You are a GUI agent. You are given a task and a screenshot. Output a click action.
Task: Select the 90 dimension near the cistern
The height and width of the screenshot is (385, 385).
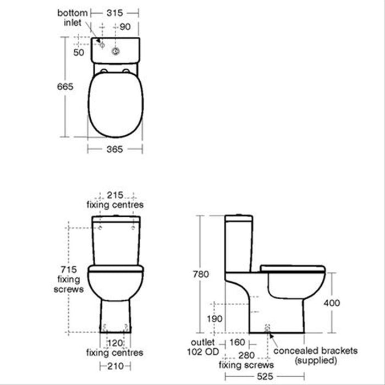pyautogui.click(x=125, y=26)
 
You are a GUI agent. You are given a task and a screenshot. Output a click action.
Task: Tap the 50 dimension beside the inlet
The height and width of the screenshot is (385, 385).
pyautogui.click(x=79, y=52)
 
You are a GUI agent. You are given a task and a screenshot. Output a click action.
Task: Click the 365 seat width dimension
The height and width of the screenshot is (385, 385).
pyautogui.click(x=114, y=149)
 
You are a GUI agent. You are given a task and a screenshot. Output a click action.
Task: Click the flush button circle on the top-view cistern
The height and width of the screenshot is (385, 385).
pyautogui.click(x=116, y=52)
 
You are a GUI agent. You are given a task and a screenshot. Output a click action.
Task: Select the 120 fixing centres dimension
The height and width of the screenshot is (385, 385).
pyautogui.click(x=114, y=343)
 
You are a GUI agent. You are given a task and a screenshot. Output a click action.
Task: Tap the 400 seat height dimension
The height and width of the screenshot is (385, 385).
pyautogui.click(x=347, y=303)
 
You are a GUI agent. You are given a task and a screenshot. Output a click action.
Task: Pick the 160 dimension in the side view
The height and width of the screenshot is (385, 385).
pyautogui.click(x=238, y=342)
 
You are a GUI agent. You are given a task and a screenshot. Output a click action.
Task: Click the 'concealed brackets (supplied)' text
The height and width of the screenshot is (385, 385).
pyautogui.click(x=316, y=355)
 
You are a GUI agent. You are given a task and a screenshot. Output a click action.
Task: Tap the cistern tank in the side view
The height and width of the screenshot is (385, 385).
pyautogui.click(x=239, y=245)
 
